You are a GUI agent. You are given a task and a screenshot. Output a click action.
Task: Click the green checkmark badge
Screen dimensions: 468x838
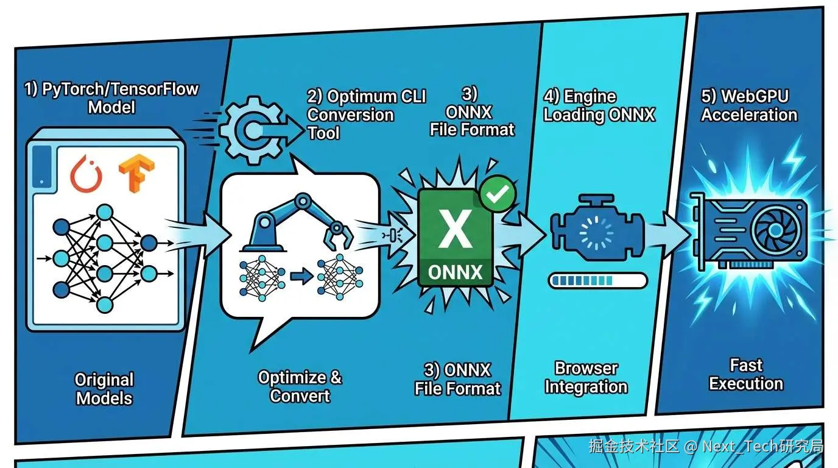point(498,194)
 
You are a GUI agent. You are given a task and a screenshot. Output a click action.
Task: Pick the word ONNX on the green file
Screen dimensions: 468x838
point(456,271)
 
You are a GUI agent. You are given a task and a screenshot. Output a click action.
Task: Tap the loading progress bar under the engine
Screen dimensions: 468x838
point(597,280)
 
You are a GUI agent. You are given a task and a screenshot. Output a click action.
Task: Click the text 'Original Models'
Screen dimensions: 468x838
point(104,389)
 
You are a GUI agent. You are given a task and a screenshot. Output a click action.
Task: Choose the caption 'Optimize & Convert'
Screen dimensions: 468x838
point(300,386)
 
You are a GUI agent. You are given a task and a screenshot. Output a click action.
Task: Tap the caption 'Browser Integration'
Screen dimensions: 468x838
point(586,378)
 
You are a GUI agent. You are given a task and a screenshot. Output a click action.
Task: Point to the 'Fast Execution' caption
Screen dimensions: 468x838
point(746,375)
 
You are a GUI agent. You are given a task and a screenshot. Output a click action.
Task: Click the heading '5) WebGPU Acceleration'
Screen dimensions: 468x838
point(749,105)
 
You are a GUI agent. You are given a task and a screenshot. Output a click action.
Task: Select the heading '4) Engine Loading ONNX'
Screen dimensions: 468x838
point(599,106)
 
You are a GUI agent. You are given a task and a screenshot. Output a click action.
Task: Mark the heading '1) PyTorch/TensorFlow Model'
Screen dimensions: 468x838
point(111,98)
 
